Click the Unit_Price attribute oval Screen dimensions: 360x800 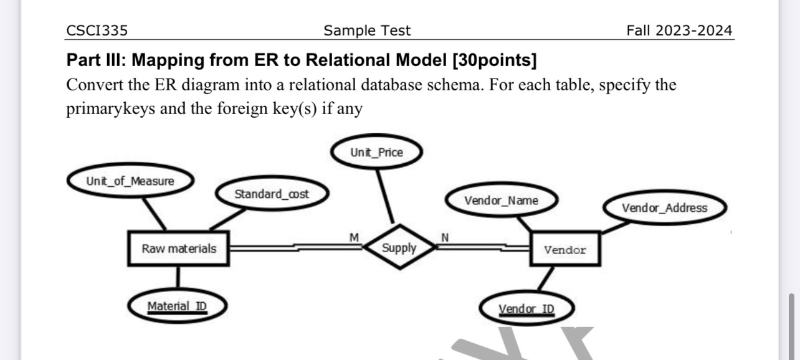(376, 153)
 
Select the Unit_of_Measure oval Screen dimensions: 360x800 (130, 181)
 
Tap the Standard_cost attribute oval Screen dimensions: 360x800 (271, 194)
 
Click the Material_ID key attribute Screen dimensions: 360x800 (177, 306)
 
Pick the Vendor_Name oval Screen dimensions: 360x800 (501, 201)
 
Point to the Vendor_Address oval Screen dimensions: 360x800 (664, 208)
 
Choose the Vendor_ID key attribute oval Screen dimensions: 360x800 (526, 309)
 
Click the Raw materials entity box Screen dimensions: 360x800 (179, 249)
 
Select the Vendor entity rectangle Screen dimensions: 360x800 (565, 250)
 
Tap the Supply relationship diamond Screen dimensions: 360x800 (399, 248)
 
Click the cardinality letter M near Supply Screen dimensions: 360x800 (354, 237)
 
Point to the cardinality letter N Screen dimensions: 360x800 (445, 237)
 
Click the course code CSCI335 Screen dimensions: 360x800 (93, 31)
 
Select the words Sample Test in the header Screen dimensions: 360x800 (367, 31)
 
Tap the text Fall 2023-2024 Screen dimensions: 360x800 (679, 31)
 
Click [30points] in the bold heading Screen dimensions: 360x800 (494, 60)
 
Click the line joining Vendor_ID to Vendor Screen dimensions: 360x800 (545, 279)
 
